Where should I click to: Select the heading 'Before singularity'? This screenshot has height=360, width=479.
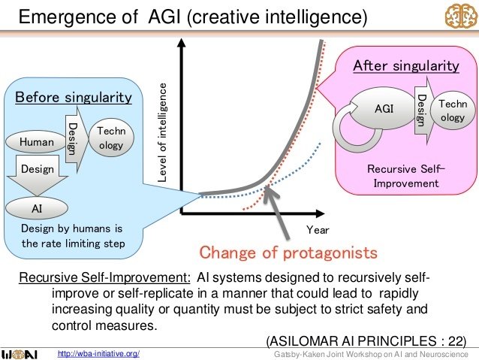pos(74,98)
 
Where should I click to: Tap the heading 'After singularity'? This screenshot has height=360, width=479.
pos(406,66)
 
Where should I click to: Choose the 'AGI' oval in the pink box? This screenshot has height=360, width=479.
pos(384,110)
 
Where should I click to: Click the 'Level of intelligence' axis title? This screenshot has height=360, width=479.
pos(162,132)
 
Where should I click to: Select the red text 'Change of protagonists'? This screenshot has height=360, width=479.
pos(288,252)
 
